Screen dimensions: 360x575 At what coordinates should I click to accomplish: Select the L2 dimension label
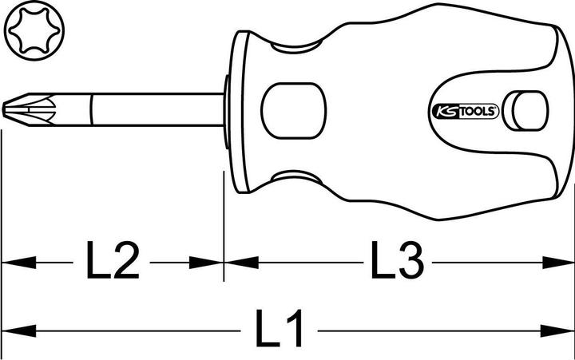[112, 261]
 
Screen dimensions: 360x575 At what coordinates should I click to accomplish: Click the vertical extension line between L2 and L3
[224, 231]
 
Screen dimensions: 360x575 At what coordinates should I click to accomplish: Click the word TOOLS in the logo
[480, 113]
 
